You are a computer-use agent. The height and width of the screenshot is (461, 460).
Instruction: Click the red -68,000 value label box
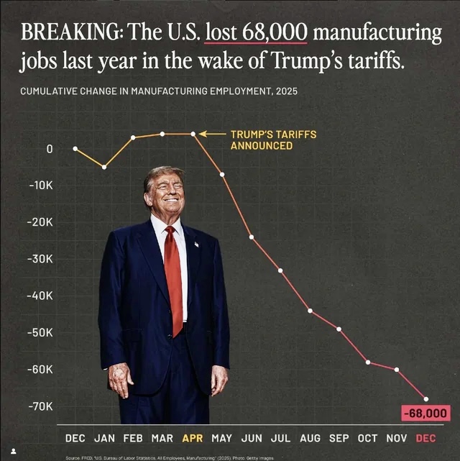[x=425, y=414]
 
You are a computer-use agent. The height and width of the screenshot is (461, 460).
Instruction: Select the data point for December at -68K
[x=426, y=399]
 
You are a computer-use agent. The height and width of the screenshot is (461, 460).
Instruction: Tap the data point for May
[x=222, y=175]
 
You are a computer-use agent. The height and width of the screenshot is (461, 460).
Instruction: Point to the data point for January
[x=105, y=167]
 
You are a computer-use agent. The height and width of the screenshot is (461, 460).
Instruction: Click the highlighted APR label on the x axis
[x=193, y=438]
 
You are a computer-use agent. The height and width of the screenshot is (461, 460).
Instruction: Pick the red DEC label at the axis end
[x=426, y=438]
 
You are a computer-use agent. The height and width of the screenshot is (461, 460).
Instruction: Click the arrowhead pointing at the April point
[x=202, y=134]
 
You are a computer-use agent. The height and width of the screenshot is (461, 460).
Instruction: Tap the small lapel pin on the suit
[x=195, y=245]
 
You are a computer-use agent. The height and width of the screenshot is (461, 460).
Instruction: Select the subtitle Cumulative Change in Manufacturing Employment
[x=158, y=91]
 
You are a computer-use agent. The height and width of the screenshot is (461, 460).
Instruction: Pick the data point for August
[x=310, y=311]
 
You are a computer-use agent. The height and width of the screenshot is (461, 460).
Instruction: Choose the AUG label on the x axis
[x=310, y=438]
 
